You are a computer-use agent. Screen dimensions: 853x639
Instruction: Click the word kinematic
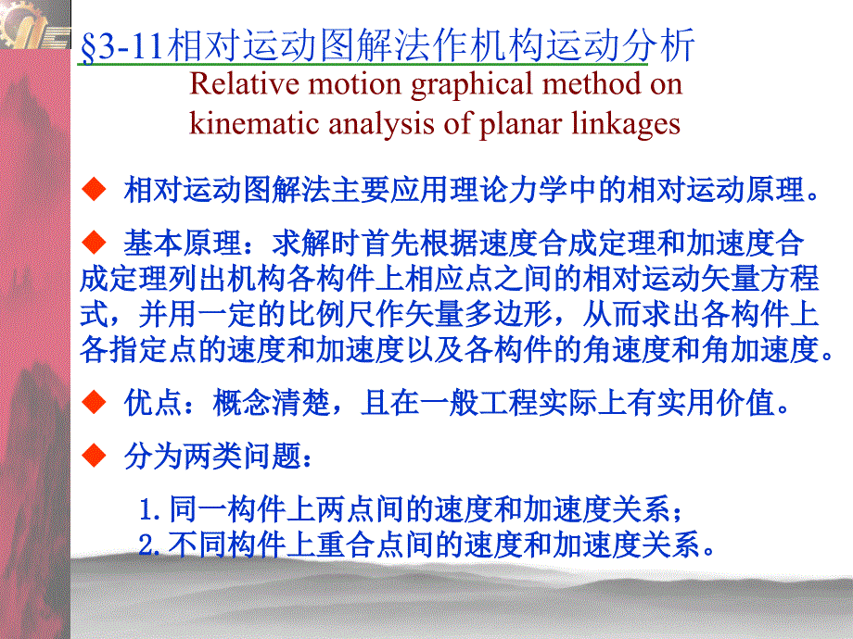point(254,123)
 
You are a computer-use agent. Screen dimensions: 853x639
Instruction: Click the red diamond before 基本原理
point(94,243)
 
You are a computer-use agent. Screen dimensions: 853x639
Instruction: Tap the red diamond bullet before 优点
point(94,402)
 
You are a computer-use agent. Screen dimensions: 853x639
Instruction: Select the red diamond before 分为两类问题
point(94,456)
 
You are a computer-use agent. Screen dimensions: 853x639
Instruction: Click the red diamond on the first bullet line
point(94,189)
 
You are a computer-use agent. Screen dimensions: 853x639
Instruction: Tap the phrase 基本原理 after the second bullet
point(183,243)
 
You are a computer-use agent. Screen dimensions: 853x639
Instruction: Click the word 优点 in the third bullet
point(153,403)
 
